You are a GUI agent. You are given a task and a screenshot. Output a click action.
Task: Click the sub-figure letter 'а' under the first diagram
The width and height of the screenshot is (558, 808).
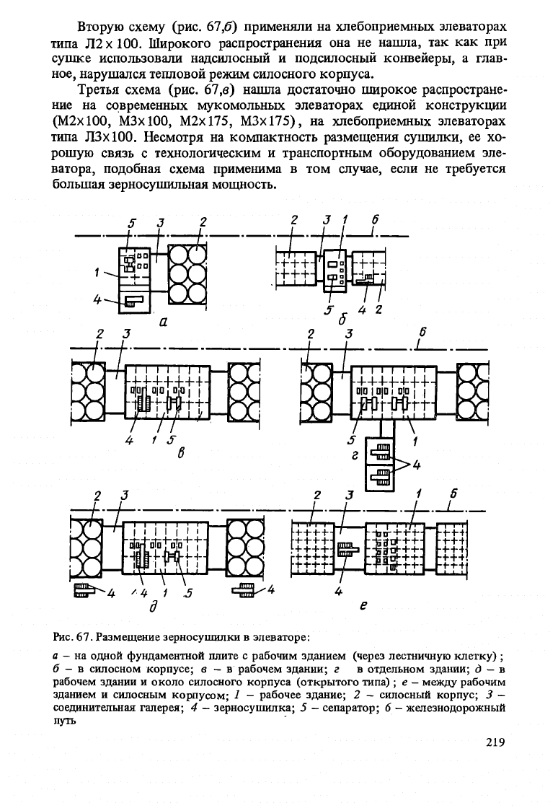[163, 322]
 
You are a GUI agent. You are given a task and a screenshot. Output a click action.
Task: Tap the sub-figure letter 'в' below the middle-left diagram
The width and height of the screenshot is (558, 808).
[181, 453]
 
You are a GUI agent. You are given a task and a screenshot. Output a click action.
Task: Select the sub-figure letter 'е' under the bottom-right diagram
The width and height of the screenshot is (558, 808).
[363, 607]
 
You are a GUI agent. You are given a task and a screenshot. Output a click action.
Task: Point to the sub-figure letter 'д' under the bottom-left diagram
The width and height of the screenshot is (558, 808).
[153, 607]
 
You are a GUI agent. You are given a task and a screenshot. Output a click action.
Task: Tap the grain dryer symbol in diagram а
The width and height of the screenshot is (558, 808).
[134, 300]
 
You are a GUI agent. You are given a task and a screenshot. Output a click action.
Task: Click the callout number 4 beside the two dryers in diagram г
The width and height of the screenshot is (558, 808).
[417, 465]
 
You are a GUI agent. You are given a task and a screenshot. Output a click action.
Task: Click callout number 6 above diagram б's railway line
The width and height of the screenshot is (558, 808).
[375, 219]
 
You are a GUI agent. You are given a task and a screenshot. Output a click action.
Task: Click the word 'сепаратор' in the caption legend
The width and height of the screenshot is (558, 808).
[352, 708]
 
